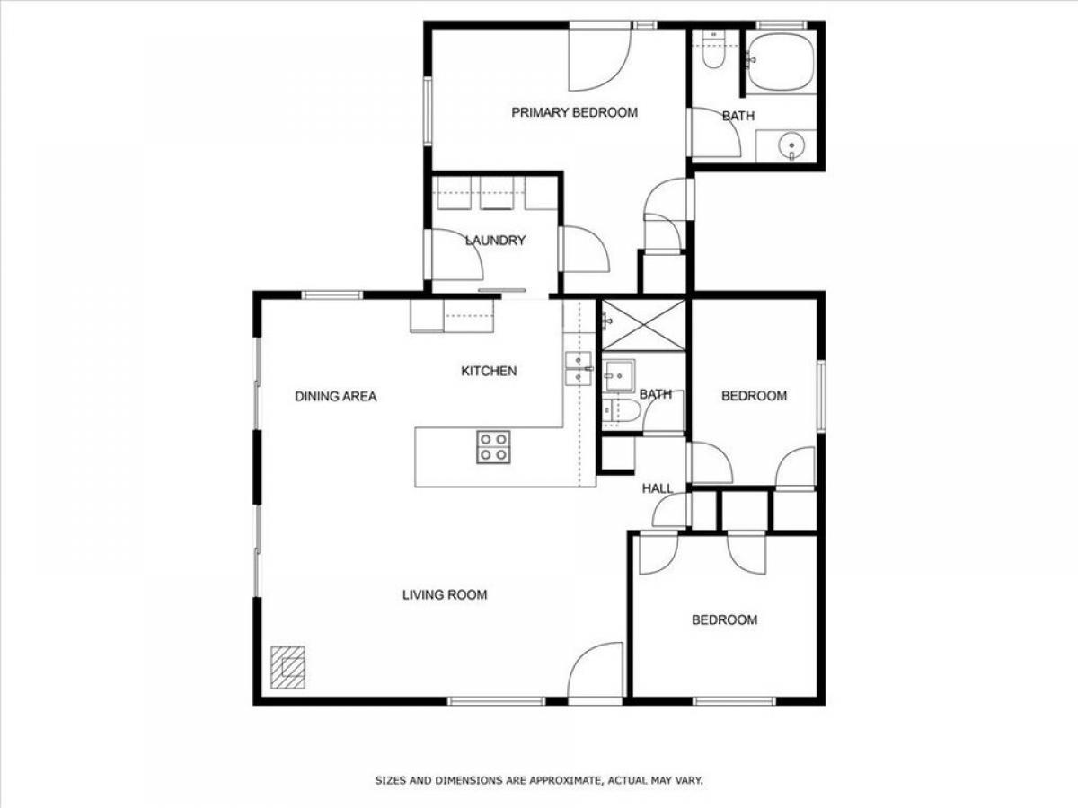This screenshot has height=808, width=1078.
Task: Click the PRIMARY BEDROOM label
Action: click(x=575, y=112)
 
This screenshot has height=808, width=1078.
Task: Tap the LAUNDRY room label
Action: click(x=495, y=241)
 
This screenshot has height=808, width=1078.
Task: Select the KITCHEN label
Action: click(x=489, y=371)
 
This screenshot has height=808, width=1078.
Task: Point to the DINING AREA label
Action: click(x=335, y=396)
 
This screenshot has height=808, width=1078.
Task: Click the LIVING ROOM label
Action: click(x=445, y=594)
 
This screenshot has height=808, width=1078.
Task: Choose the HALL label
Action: click(x=657, y=488)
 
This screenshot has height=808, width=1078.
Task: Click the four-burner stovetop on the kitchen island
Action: click(x=493, y=447)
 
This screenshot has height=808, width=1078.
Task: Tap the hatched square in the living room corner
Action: click(x=287, y=667)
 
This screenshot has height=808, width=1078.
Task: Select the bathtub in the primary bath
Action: click(x=780, y=62)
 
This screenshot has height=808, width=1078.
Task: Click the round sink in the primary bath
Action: click(x=791, y=145)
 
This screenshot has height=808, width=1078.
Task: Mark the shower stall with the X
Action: click(x=643, y=325)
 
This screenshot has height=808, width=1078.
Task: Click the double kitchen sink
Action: click(x=578, y=368)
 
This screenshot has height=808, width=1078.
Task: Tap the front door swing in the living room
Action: click(x=596, y=670)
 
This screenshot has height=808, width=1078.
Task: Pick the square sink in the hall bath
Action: click(x=620, y=375)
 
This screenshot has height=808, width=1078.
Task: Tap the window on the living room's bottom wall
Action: click(x=497, y=701)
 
